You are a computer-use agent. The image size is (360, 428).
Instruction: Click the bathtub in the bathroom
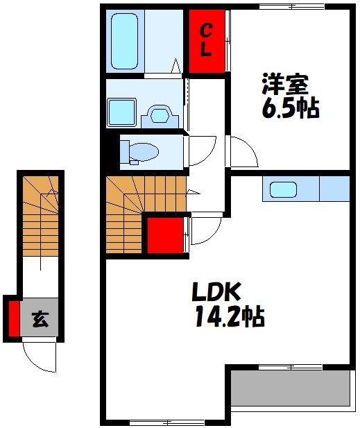(124, 41)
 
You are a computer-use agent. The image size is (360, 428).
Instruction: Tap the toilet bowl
(144, 153)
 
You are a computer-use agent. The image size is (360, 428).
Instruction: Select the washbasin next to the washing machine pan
(160, 117)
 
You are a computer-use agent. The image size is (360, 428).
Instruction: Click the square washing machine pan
(121, 112)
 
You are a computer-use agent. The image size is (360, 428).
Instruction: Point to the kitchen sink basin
(283, 189)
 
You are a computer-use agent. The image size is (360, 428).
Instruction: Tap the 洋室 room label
(285, 83)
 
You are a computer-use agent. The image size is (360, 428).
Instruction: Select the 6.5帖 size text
(291, 108)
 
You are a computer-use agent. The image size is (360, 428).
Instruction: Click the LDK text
(216, 291)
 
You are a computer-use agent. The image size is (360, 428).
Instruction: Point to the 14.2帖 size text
(230, 316)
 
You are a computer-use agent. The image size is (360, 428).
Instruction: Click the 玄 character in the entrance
(40, 319)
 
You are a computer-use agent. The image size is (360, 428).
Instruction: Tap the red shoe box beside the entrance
(14, 318)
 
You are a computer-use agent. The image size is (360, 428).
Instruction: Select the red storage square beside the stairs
(165, 235)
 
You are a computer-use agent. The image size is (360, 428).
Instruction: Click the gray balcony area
(291, 388)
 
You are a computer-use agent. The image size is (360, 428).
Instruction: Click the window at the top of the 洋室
(292, 6)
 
